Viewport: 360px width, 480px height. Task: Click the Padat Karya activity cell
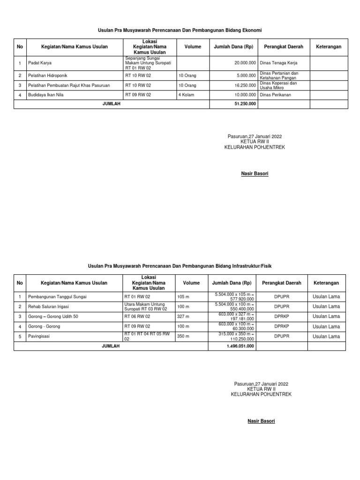point(39,63)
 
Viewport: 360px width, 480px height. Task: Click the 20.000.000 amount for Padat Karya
point(245,63)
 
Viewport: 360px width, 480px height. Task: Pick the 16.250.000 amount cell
point(245,85)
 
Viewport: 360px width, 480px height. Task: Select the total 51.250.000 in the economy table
point(245,104)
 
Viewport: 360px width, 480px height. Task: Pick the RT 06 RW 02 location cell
point(137,316)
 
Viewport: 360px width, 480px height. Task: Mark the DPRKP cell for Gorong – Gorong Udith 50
point(282,316)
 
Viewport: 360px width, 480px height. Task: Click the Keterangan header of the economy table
point(329,47)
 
